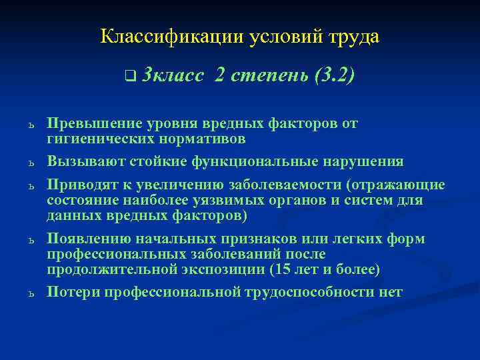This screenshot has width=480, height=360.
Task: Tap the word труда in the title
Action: click(354, 36)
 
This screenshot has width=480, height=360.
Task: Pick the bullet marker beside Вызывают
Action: click(31, 162)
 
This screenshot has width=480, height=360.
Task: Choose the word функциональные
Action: click(265, 161)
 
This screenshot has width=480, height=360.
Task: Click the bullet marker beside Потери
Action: click(31, 293)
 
